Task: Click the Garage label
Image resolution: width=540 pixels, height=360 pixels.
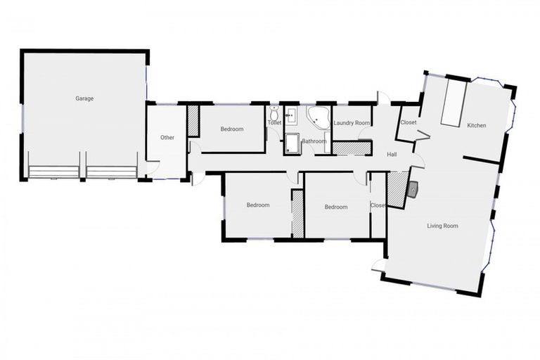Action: pyautogui.click(x=84, y=98)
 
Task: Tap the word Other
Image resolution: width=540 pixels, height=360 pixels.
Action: pyautogui.click(x=167, y=137)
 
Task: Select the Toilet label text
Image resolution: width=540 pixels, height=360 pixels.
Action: pyautogui.click(x=274, y=123)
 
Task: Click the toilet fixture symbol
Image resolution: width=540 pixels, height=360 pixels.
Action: pyautogui.click(x=274, y=113)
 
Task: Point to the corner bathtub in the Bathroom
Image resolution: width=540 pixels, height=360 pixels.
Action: pyautogui.click(x=318, y=117)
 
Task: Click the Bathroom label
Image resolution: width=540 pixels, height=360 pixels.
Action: pyautogui.click(x=314, y=141)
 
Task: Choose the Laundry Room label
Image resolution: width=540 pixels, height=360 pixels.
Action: pyautogui.click(x=352, y=123)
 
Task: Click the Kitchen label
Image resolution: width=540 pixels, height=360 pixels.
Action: pyautogui.click(x=477, y=126)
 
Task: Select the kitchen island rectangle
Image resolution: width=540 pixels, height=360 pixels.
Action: pyautogui.click(x=453, y=102)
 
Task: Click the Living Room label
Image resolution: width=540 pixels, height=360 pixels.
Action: pyautogui.click(x=443, y=226)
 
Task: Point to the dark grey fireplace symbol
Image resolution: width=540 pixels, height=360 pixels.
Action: pyautogui.click(x=413, y=188)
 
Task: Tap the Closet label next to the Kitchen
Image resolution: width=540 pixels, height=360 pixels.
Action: pyautogui.click(x=408, y=122)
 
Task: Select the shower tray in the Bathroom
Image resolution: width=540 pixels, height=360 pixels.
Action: pyautogui.click(x=292, y=144)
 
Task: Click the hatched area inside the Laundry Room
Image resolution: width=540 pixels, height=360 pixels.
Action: pyautogui.click(x=350, y=148)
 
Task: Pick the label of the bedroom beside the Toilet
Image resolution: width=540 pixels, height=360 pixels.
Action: pyautogui.click(x=232, y=129)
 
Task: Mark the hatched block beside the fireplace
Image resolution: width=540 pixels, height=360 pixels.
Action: pyautogui.click(x=397, y=190)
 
